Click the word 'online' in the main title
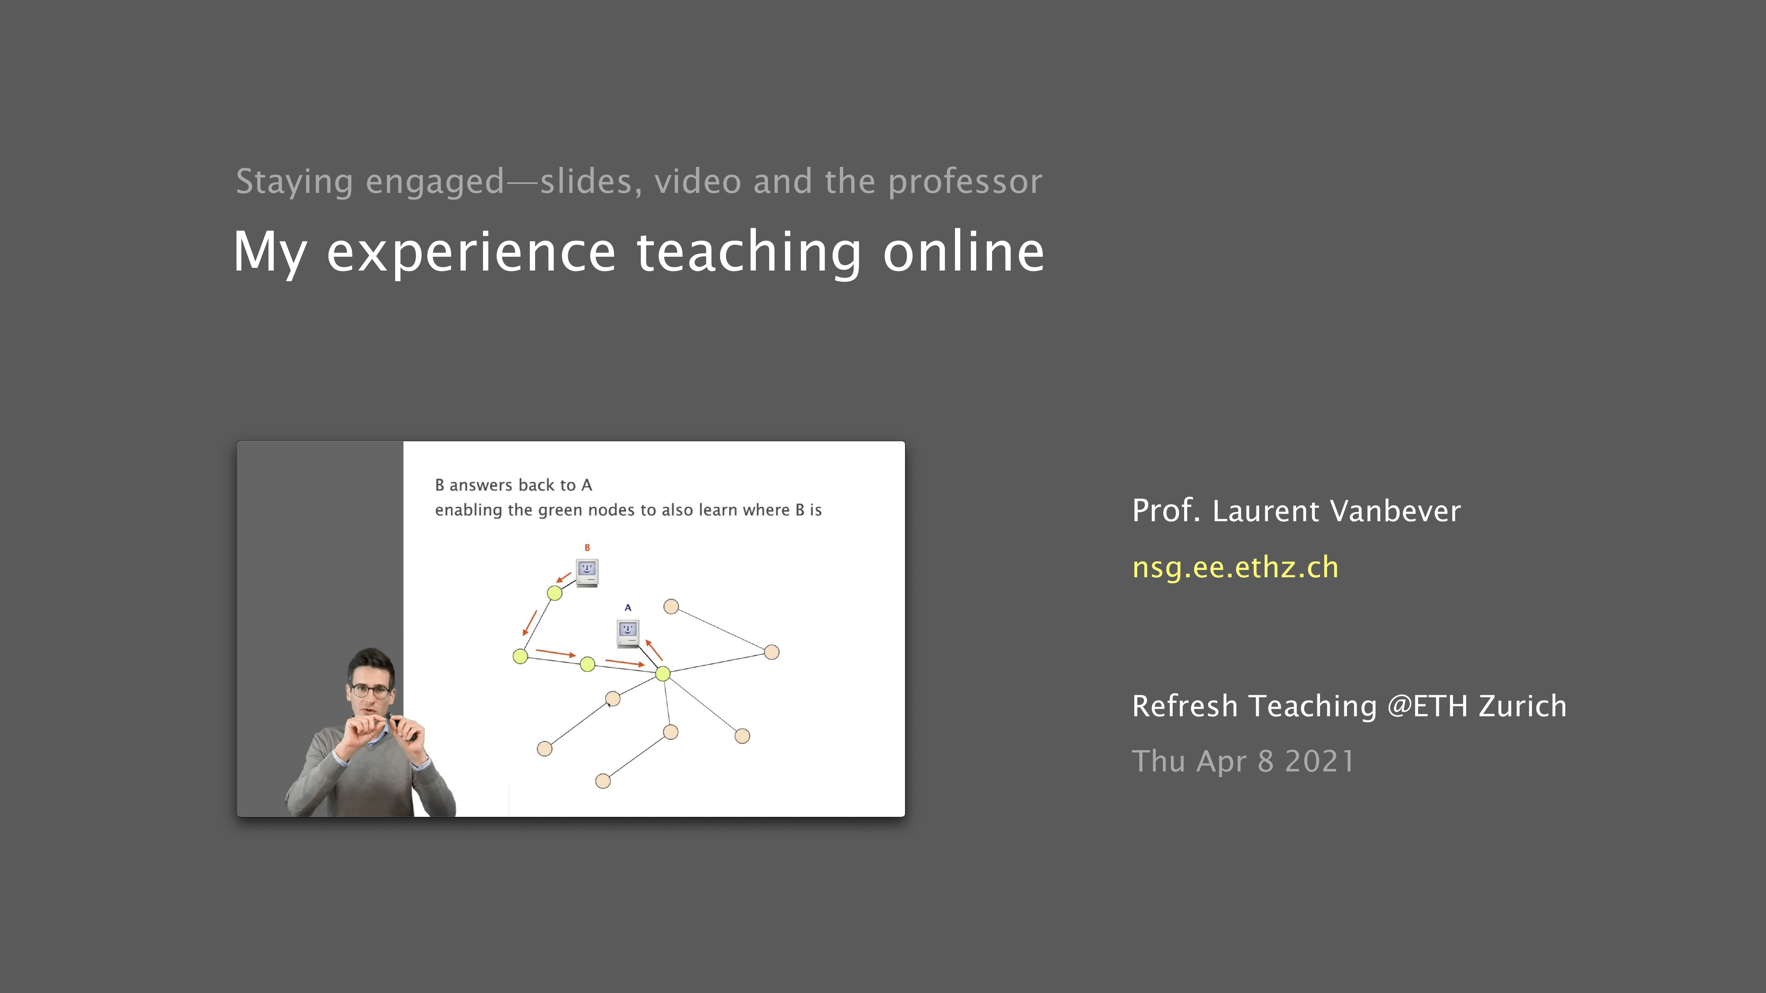point(963,252)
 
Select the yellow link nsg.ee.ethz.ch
point(1235,568)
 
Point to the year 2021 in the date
point(1320,761)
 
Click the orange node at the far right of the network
point(771,652)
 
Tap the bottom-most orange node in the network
point(603,781)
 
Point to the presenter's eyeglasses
point(371,690)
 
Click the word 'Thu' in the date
point(1158,761)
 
